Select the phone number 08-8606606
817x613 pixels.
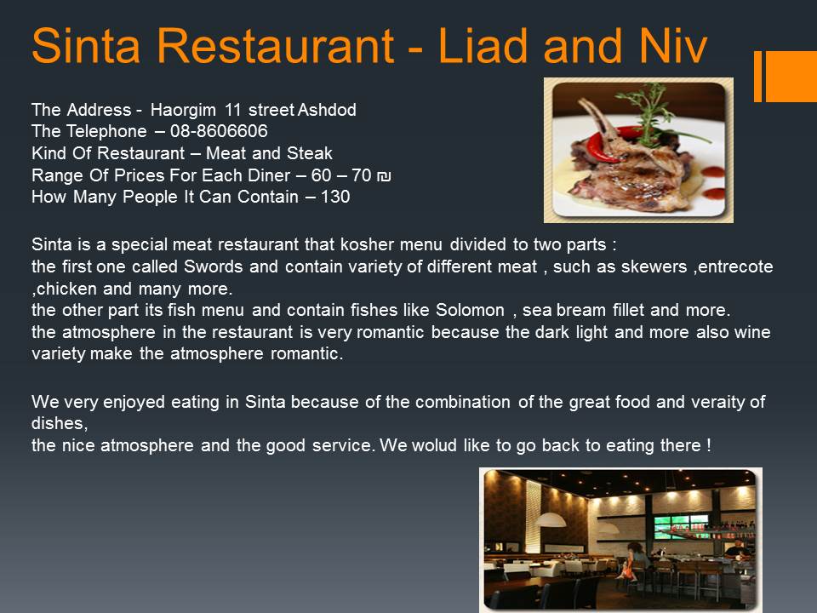(219, 131)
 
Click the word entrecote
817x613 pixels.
(734, 266)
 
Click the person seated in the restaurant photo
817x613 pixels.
(634, 558)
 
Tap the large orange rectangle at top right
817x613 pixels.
(791, 76)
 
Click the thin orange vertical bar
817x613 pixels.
(757, 76)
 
